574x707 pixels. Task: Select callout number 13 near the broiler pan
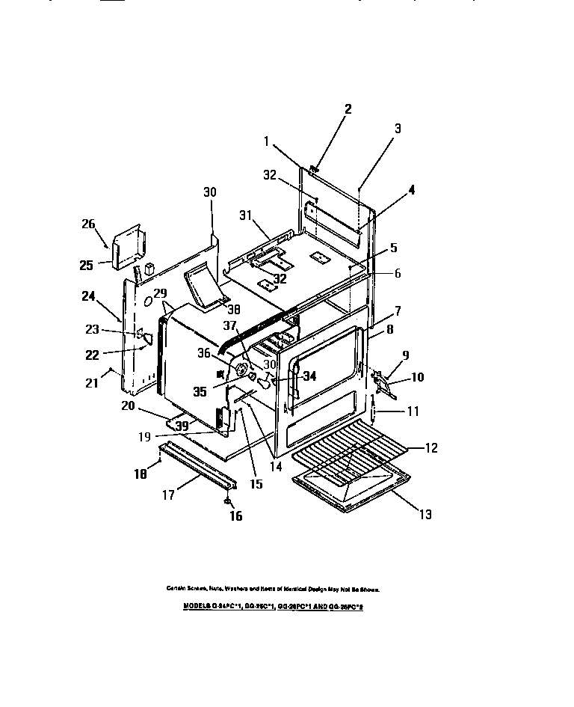425,514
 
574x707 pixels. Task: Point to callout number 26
88,224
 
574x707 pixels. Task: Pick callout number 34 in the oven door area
309,376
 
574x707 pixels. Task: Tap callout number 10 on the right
416,377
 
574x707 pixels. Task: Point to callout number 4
410,190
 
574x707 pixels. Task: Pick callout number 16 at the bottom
236,515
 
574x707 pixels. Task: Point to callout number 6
398,273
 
